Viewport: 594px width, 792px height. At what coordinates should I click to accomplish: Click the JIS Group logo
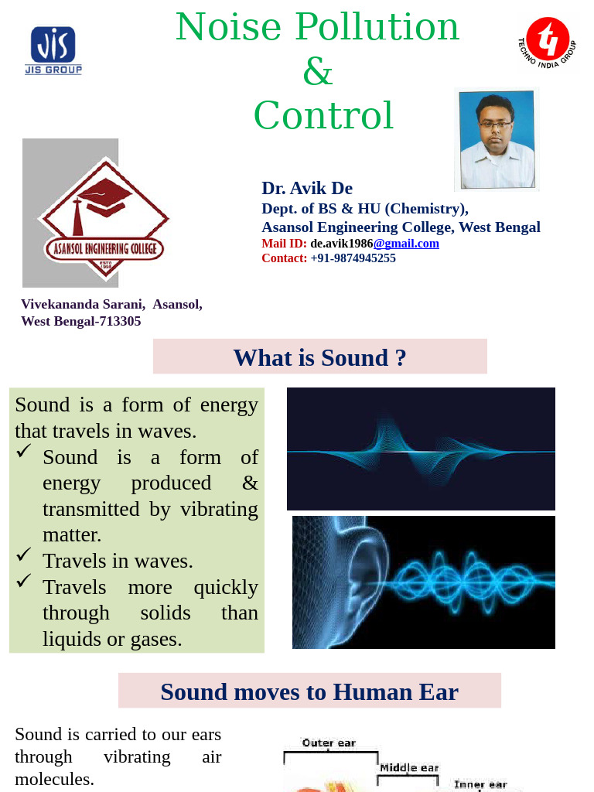pyautogui.click(x=53, y=50)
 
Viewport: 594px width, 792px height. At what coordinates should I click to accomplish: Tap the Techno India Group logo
pyautogui.click(x=547, y=43)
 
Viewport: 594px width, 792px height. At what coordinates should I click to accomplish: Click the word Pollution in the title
pyautogui.click(x=377, y=27)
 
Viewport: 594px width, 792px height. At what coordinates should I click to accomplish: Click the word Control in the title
pyautogui.click(x=323, y=116)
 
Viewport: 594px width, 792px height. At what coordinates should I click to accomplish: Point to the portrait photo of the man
pyautogui.click(x=497, y=140)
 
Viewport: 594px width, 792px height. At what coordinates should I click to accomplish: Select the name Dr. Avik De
pyautogui.click(x=307, y=188)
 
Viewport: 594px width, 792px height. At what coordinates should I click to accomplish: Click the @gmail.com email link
pyautogui.click(x=406, y=244)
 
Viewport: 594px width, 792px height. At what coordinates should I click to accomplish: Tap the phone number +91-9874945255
pyautogui.click(x=353, y=258)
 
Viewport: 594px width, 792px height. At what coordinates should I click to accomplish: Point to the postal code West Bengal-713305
pyautogui.click(x=81, y=321)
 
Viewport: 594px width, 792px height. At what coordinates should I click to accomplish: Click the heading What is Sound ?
pyautogui.click(x=319, y=357)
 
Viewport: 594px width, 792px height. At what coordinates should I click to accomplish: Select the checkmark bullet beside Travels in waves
pyautogui.click(x=24, y=555)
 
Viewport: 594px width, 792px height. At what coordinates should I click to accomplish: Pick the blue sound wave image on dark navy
pyautogui.click(x=421, y=449)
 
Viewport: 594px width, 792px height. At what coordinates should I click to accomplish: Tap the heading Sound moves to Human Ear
pyautogui.click(x=309, y=691)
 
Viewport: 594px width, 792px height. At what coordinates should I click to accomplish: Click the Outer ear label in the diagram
pyautogui.click(x=329, y=743)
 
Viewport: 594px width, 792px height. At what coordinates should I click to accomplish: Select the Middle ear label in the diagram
pyautogui.click(x=409, y=768)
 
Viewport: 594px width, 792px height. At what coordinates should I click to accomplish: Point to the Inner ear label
pyautogui.click(x=480, y=784)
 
